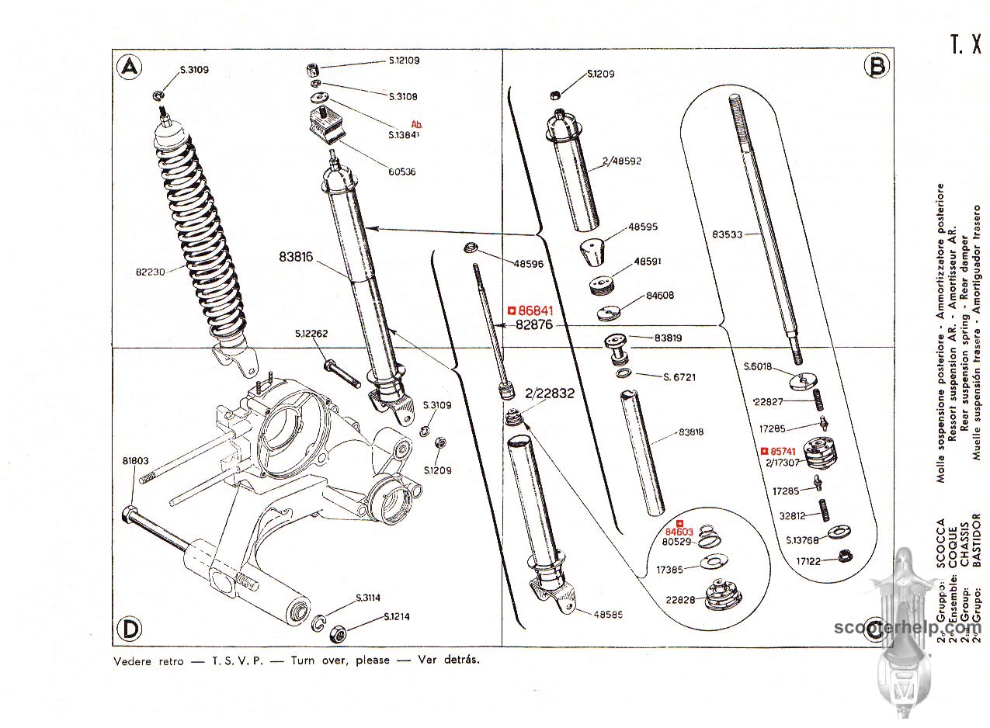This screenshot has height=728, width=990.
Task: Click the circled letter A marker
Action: tap(130, 68)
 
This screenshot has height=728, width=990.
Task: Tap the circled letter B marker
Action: tap(877, 68)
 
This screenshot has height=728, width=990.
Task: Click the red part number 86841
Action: tap(530, 310)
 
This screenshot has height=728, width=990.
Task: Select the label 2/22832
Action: tap(549, 393)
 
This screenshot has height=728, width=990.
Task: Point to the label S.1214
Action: tap(398, 618)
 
